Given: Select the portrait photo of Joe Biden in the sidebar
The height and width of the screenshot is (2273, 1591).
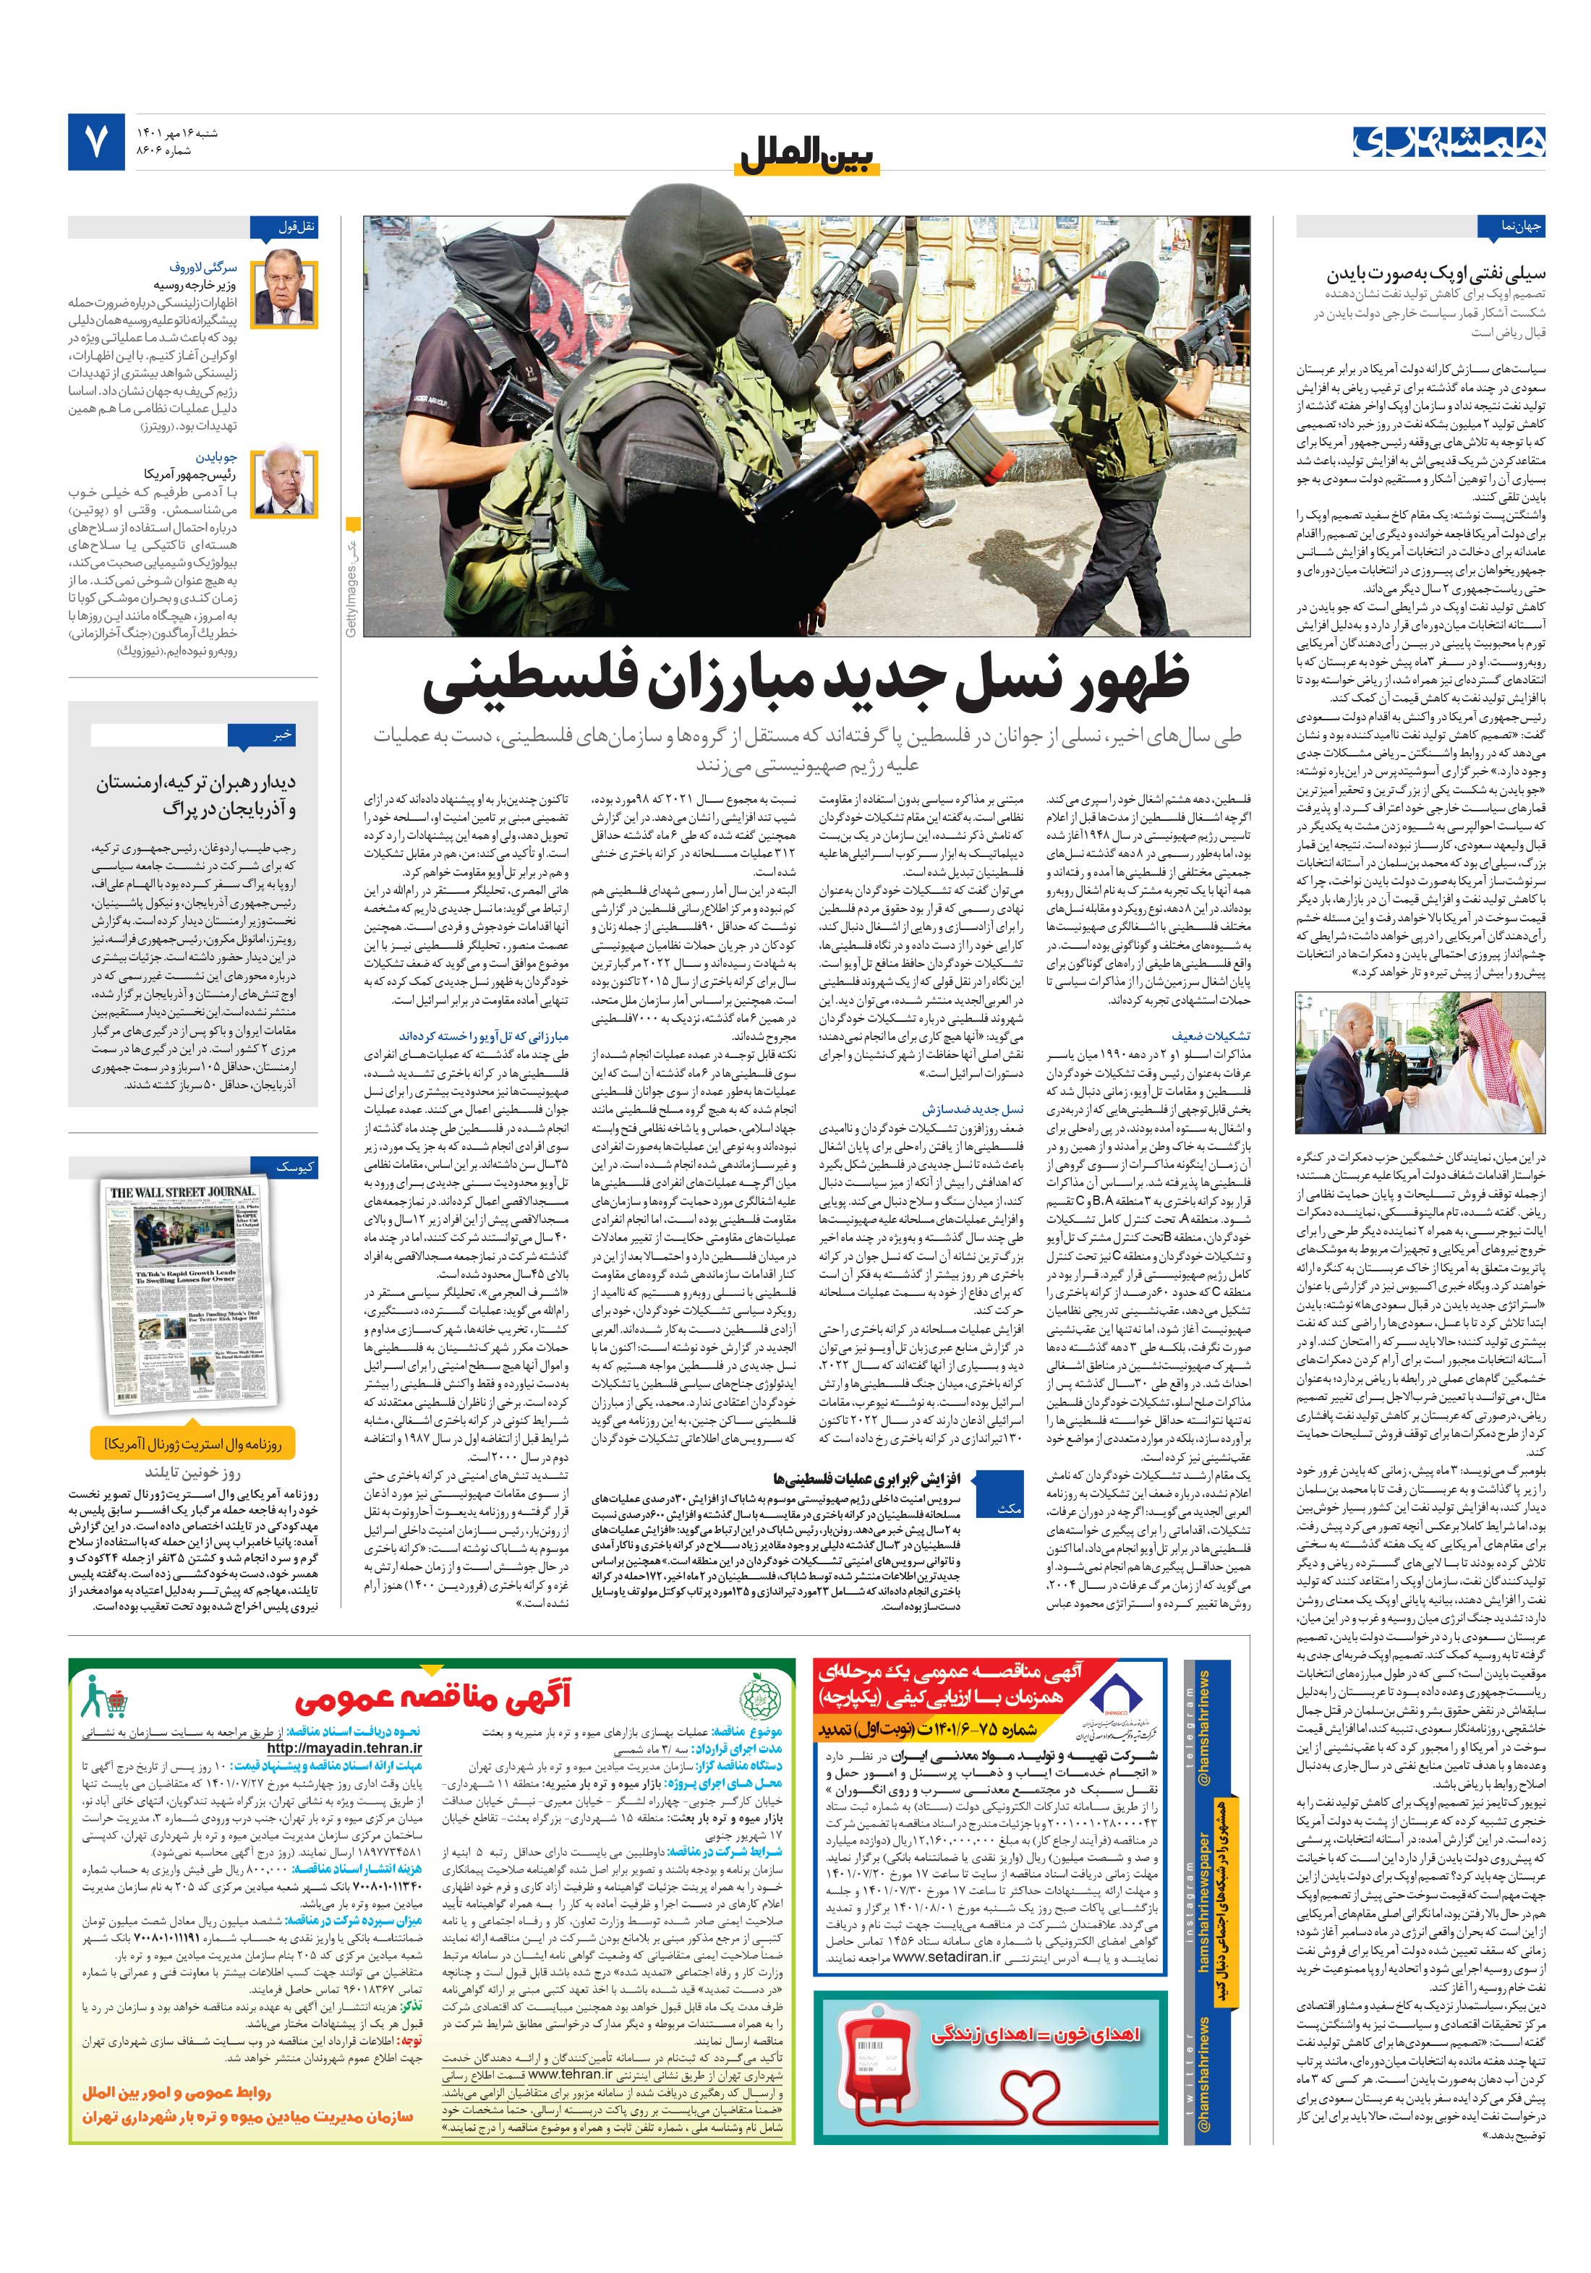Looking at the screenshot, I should click(283, 482).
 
